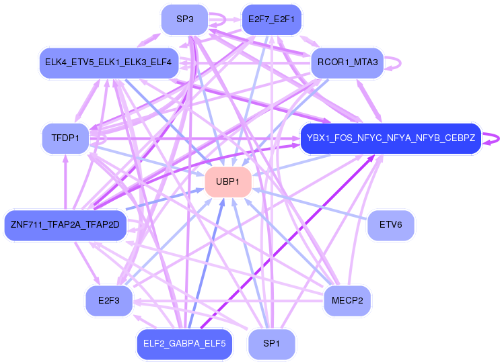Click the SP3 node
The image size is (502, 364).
tap(184, 19)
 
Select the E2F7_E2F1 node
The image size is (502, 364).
tap(271, 19)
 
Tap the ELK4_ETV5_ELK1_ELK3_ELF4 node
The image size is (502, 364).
tap(108, 63)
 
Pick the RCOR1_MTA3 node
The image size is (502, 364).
tap(347, 63)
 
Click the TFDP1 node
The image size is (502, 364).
tap(65, 138)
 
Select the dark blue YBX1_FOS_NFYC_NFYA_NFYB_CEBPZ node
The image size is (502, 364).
tap(390, 138)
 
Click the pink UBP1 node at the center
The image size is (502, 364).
tap(228, 182)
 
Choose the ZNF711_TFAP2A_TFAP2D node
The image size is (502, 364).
tap(65, 224)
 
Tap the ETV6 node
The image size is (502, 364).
tap(390, 225)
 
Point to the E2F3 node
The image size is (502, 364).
tap(108, 300)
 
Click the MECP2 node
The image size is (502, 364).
tap(347, 300)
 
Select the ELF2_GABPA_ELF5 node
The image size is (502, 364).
tap(184, 344)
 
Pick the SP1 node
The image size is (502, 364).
tap(271, 344)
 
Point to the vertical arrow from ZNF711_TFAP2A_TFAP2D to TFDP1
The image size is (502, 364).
tap(65, 181)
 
